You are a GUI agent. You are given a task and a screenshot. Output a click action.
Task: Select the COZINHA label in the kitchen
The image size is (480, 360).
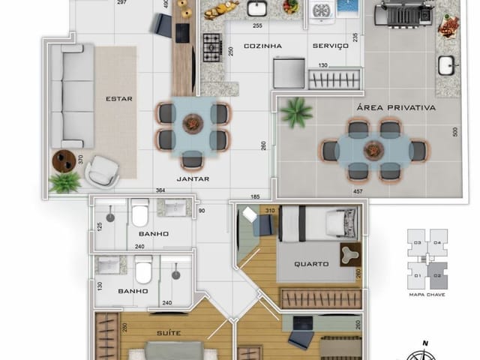(x=262, y=46)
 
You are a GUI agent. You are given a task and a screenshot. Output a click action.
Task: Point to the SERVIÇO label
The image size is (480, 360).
(x=331, y=46)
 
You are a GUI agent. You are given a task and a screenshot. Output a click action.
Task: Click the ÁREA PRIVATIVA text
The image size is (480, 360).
(x=397, y=107)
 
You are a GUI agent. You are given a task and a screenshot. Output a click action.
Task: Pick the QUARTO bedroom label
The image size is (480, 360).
(x=310, y=263)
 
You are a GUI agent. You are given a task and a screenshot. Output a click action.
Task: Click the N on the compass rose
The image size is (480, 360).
(x=425, y=343)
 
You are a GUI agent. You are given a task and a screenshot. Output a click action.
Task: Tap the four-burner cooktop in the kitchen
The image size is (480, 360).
(x=212, y=42)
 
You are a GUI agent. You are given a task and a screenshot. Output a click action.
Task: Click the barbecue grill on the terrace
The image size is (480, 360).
(x=406, y=13)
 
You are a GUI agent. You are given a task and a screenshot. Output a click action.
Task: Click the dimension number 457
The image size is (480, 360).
(x=359, y=191)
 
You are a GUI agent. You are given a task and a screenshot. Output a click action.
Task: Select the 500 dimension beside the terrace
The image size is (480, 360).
(x=455, y=131)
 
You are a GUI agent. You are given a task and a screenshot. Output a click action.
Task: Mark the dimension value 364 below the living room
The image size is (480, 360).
(x=160, y=190)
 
